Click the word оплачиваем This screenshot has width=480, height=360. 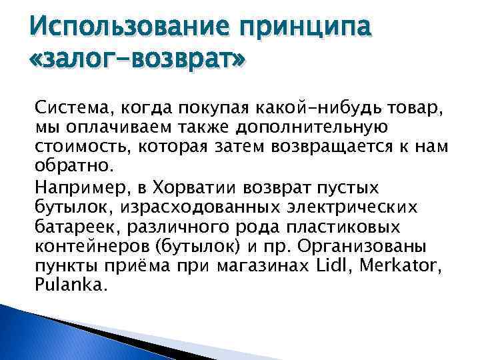pos(111,126)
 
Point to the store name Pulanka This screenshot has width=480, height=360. pos(69,285)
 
